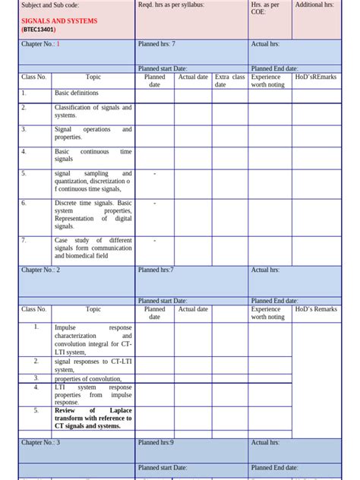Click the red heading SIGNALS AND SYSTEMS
(x=59, y=21)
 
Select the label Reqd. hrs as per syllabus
(x=171, y=5)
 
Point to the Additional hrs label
(x=314, y=5)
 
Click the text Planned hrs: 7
(x=156, y=45)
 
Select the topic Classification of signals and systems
(x=93, y=112)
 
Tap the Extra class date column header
(x=229, y=81)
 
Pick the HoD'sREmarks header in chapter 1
(x=315, y=77)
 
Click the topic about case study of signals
(x=93, y=248)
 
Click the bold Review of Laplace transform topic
(x=93, y=418)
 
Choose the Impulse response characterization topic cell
(x=93, y=339)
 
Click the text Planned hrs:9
(x=156, y=443)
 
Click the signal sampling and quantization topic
(x=93, y=182)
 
